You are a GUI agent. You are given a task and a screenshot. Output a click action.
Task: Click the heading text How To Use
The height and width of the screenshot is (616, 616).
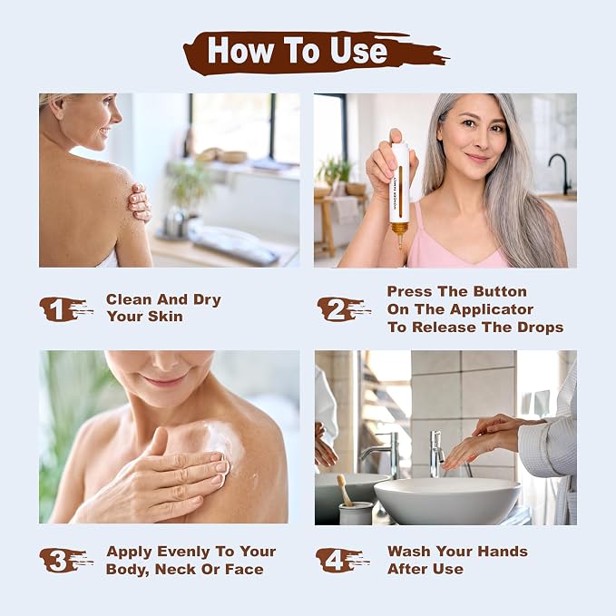pos(298,50)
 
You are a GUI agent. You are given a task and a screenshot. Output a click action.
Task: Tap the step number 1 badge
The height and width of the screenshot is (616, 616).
pos(64,309)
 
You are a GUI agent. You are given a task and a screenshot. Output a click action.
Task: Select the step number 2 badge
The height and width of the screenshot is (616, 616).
pos(343,309)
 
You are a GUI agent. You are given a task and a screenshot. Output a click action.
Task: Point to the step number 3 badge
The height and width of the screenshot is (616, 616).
pos(64,560)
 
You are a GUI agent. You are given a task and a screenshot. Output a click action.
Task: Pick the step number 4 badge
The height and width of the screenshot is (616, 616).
pos(341,560)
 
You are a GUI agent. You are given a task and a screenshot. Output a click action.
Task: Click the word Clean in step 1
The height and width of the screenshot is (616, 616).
pos(129,299)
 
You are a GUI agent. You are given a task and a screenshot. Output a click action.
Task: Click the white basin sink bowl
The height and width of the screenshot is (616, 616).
pos(446,501)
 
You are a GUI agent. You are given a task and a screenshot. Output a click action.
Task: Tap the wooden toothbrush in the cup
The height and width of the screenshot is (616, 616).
pos(345,490)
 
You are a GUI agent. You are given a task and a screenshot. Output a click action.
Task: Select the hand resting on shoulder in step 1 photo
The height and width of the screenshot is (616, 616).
pos(140,201)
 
